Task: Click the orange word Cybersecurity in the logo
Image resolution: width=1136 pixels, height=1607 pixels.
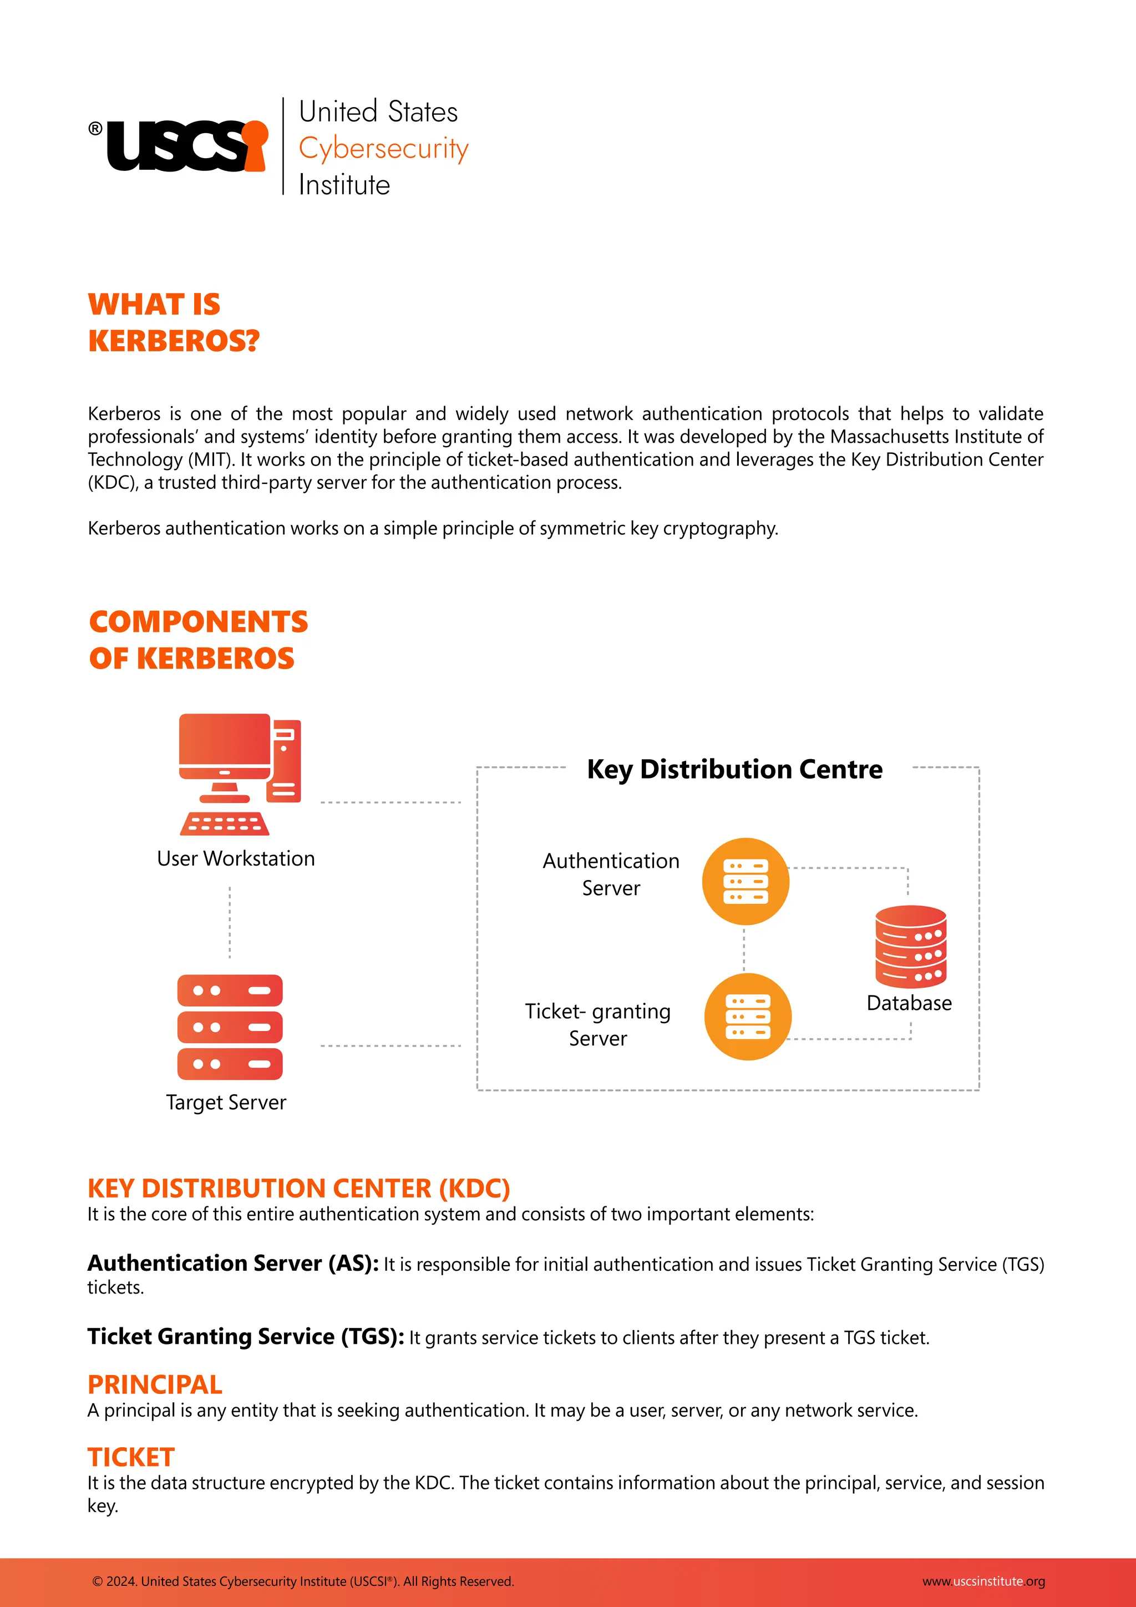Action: (383, 148)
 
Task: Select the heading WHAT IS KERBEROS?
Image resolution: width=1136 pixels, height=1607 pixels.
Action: (174, 322)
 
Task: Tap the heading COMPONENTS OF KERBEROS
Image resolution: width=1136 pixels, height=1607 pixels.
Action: (198, 640)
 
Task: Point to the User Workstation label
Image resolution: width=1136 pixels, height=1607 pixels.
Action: (236, 859)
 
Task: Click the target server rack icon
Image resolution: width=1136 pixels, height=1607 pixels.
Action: (230, 1027)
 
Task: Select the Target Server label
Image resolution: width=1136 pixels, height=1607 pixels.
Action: (226, 1103)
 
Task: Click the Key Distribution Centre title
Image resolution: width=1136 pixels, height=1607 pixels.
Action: (734, 769)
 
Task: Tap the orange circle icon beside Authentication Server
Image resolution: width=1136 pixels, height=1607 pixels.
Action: (745, 881)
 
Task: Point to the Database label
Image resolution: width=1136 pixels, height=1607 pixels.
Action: (909, 1003)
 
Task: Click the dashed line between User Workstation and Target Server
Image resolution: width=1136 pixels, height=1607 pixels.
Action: (230, 922)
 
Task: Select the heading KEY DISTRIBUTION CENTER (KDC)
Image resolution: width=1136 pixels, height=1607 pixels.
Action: (298, 1189)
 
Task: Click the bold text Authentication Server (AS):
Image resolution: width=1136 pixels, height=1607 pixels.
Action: (233, 1264)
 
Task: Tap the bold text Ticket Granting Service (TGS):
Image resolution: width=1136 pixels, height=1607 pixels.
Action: (246, 1337)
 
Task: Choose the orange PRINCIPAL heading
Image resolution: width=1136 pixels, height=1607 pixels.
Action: (155, 1384)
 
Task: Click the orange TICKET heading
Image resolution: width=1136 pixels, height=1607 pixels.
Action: (131, 1457)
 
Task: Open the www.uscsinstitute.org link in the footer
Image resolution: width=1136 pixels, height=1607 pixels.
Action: (983, 1581)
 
